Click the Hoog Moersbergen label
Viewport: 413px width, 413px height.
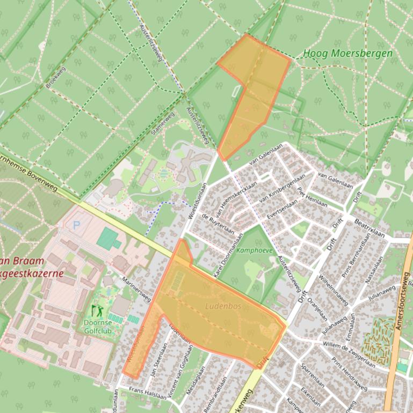click(x=347, y=54)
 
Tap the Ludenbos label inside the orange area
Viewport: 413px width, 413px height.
click(x=223, y=306)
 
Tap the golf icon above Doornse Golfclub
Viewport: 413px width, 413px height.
click(x=97, y=310)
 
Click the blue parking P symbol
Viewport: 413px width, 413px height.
click(x=75, y=226)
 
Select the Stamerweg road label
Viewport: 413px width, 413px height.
click(x=163, y=124)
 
